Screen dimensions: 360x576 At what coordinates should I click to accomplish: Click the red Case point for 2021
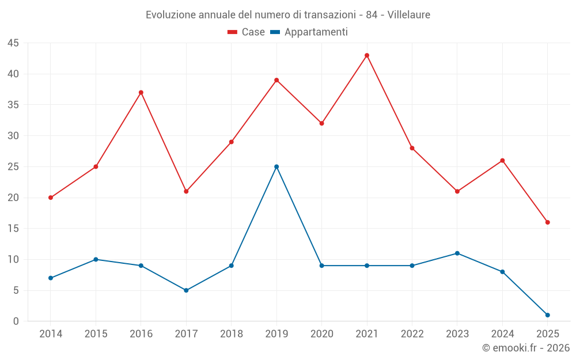367,55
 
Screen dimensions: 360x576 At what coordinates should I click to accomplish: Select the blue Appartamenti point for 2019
276,166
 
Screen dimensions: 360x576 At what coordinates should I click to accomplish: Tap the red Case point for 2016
141,92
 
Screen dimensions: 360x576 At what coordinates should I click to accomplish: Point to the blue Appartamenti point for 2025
547,315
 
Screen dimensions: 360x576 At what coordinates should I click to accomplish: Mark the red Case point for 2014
51,198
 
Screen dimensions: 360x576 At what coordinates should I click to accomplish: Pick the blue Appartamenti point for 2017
186,290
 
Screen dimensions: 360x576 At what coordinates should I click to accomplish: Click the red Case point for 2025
547,222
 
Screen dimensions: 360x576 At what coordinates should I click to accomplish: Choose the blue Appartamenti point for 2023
457,253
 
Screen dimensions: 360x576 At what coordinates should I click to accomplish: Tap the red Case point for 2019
276,80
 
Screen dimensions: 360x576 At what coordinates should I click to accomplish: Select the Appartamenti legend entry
309,32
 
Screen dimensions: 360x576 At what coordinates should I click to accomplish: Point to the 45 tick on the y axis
13,43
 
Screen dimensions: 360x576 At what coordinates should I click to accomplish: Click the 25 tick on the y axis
13,167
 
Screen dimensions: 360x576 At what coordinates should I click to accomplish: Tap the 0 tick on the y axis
16,321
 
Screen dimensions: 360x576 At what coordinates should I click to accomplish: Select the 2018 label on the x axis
231,334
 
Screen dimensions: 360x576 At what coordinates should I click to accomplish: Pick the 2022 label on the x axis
412,334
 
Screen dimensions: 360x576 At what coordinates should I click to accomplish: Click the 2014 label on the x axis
51,334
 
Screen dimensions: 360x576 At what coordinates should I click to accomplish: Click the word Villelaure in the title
409,15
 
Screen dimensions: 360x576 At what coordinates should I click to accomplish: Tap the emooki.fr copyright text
526,348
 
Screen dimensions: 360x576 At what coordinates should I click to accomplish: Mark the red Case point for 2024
502,160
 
